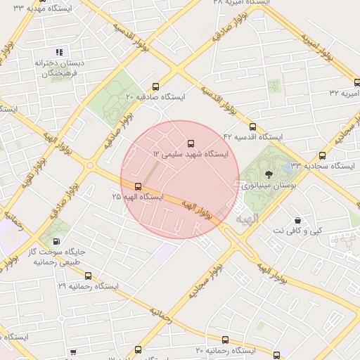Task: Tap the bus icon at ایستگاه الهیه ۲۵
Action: (x=138, y=186)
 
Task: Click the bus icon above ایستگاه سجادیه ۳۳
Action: (x=322, y=156)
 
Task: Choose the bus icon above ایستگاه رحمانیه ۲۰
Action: (x=225, y=340)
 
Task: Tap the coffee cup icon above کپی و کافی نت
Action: (x=298, y=220)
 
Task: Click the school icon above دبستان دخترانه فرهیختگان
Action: (x=60, y=52)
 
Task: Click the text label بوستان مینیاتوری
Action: (x=264, y=186)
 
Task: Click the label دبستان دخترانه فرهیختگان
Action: (x=60, y=67)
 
